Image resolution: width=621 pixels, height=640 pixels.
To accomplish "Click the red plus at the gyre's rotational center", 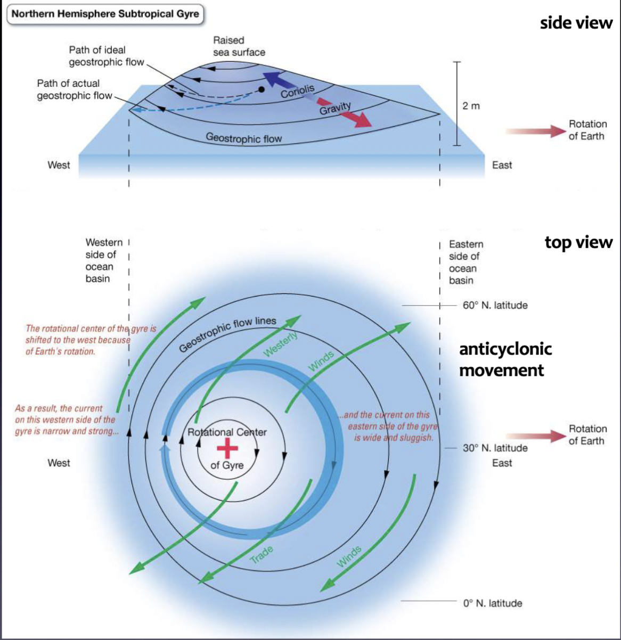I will pyautogui.click(x=227, y=449).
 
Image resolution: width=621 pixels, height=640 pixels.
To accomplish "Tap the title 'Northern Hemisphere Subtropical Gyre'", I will pyautogui.click(x=105, y=14).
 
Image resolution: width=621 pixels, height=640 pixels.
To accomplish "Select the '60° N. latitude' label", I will pyautogui.click(x=495, y=306).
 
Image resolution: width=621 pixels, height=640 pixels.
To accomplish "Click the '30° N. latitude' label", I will pyautogui.click(x=495, y=448).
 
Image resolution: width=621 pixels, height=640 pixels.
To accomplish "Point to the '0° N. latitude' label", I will pyautogui.click(x=492, y=603).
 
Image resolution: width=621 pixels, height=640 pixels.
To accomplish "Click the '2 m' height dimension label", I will pyautogui.click(x=471, y=106).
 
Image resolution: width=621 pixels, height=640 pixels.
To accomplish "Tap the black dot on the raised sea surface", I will pyautogui.click(x=261, y=90).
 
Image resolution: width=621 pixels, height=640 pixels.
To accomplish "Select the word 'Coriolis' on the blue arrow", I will pyautogui.click(x=298, y=91).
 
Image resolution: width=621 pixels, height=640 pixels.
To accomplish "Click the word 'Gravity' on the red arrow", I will pyautogui.click(x=335, y=108).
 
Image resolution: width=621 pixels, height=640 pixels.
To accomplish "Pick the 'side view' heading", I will pyautogui.click(x=576, y=23).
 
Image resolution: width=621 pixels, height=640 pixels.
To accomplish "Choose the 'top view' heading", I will pyautogui.click(x=578, y=242).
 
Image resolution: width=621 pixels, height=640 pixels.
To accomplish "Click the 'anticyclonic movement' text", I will pyautogui.click(x=505, y=359).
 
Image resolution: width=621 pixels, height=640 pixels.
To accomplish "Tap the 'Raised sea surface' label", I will pyautogui.click(x=239, y=46).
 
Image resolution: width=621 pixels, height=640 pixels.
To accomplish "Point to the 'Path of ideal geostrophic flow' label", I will pyautogui.click(x=106, y=56).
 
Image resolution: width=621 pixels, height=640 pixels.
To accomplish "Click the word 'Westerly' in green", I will pyautogui.click(x=280, y=343).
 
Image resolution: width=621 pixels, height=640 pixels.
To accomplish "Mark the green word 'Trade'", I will pyautogui.click(x=262, y=554).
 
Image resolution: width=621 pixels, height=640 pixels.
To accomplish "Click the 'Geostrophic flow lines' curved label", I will pyautogui.click(x=227, y=334).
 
